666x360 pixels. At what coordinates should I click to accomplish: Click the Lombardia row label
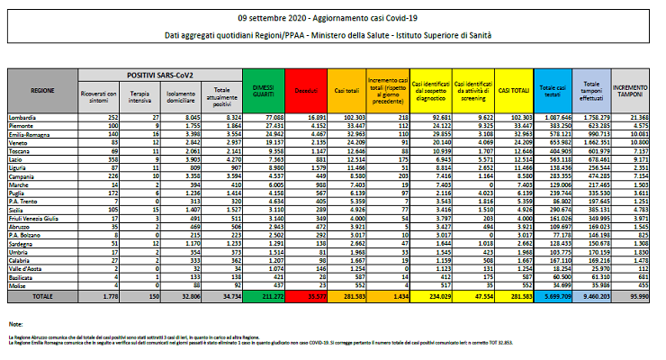click(34, 116)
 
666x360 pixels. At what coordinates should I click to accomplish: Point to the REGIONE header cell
click(41, 92)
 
